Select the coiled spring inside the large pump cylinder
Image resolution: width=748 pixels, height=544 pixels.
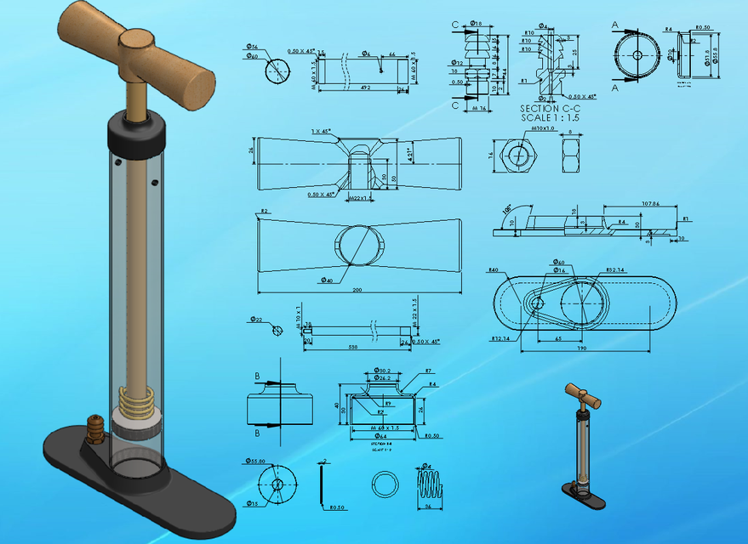(x=135, y=397)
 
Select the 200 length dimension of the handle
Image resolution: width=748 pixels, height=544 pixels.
(x=357, y=290)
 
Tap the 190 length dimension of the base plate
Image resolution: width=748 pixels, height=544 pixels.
(x=580, y=348)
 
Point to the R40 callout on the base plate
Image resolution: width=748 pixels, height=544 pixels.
(x=493, y=270)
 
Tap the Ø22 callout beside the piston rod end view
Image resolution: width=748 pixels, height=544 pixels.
(x=255, y=319)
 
